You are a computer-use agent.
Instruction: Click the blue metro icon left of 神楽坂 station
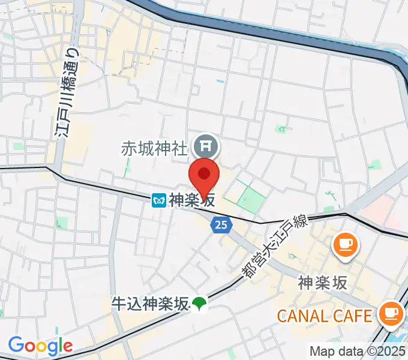(159, 200)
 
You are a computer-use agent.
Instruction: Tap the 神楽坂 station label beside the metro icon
(192, 200)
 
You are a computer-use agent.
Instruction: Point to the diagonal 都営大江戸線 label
(275, 247)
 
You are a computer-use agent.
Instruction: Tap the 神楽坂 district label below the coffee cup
(322, 282)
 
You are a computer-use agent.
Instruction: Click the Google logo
(40, 345)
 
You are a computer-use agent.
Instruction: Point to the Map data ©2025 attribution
(356, 351)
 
